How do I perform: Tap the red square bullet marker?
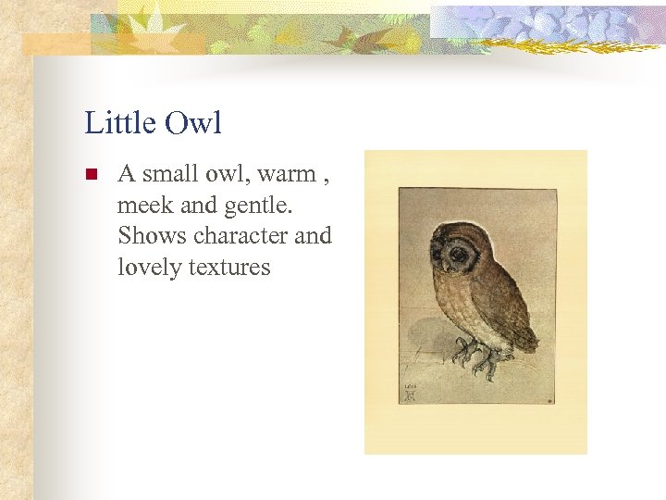pyautogui.click(x=91, y=174)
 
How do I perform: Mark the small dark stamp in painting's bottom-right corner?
pyautogui.click(x=549, y=400)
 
